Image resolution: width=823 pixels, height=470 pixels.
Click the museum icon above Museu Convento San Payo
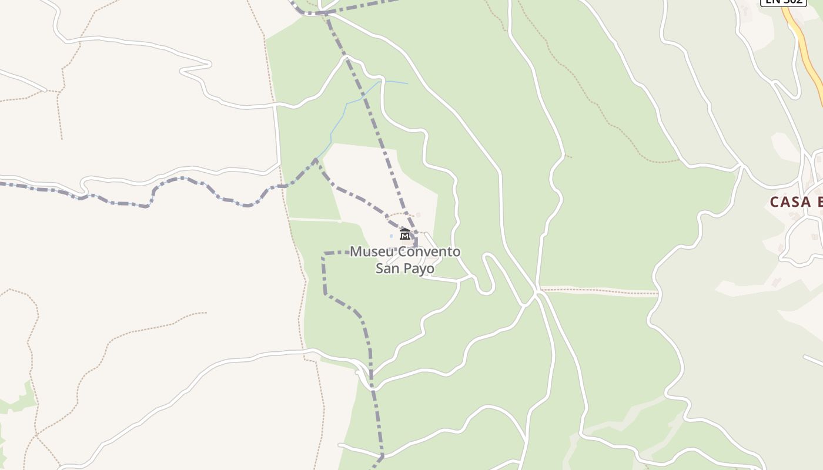pyautogui.click(x=404, y=234)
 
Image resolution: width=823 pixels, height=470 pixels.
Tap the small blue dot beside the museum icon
pyautogui.click(x=392, y=236)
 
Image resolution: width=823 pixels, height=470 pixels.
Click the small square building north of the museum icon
pyautogui.click(x=419, y=215)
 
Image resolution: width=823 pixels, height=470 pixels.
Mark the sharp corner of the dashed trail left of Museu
pyautogui.click(x=324, y=254)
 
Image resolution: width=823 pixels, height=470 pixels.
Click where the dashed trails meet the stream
pyautogui.click(x=316, y=160)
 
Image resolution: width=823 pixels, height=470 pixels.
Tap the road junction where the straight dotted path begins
pyautogui.click(x=538, y=291)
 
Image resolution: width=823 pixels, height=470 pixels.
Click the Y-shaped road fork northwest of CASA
pyautogui.click(x=742, y=167)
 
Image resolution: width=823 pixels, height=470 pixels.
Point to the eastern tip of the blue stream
pyautogui.click(x=407, y=83)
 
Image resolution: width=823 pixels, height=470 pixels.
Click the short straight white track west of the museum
pyautogui.click(x=315, y=220)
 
